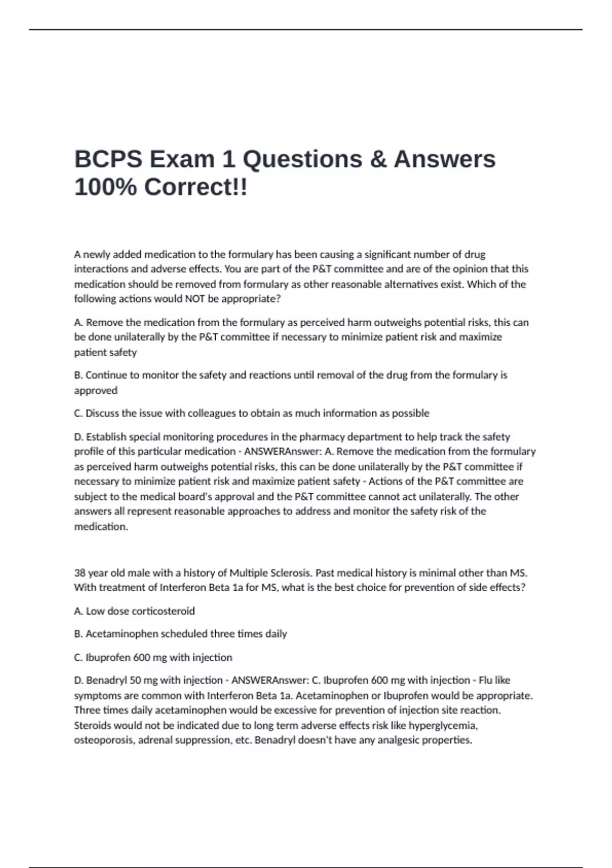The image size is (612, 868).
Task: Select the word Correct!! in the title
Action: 195,187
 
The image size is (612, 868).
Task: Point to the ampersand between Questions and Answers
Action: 377,159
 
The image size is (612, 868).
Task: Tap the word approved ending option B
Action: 96,390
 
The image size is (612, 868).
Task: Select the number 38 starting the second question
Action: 80,573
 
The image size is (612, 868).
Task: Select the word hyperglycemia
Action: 443,725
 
